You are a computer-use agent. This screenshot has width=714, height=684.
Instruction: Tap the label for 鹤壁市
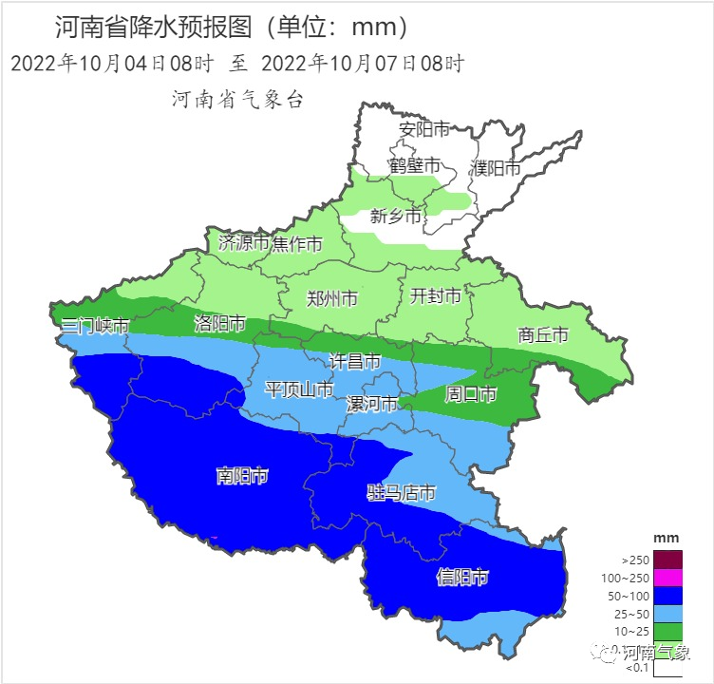click(415, 165)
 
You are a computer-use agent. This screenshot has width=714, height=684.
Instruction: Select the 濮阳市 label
click(496, 168)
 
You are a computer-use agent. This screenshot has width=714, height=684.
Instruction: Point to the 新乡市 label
click(395, 217)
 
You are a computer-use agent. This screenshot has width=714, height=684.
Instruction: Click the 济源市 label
click(244, 243)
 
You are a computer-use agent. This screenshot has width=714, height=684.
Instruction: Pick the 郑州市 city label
click(332, 298)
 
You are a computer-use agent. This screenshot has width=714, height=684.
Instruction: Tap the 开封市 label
click(435, 296)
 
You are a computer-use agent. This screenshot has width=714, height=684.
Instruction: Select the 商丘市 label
click(543, 334)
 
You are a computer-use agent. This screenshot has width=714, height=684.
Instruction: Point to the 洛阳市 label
click(220, 322)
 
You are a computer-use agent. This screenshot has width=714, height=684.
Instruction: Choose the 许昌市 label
click(354, 361)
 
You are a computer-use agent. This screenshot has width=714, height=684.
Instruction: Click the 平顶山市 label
click(298, 389)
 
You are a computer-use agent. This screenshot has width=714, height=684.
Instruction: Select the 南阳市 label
click(242, 476)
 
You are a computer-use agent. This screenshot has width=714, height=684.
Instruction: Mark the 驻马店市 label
click(401, 492)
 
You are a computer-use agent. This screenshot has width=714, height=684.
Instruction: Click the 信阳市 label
click(462, 577)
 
